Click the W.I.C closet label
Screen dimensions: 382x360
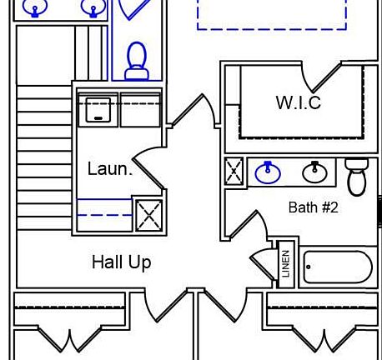point(299,102)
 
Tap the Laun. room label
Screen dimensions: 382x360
point(110,168)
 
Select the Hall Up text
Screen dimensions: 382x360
point(122,262)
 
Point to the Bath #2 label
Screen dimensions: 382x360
point(314,207)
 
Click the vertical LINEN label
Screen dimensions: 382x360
point(286,264)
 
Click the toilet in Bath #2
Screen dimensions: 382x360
point(357,177)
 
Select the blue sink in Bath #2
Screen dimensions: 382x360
point(268,172)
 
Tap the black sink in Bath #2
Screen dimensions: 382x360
point(314,172)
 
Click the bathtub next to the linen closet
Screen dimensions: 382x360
point(338,267)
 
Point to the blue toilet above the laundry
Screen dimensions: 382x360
point(137,61)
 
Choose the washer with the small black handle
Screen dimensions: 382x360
point(98,110)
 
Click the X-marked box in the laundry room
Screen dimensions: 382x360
point(149,215)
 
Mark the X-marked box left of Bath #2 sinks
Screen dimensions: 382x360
point(234,171)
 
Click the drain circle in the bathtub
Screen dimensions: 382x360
point(309,267)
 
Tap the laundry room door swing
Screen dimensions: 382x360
point(148,167)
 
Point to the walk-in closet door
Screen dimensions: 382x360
point(321,77)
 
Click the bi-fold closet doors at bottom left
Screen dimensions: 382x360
point(69,340)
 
